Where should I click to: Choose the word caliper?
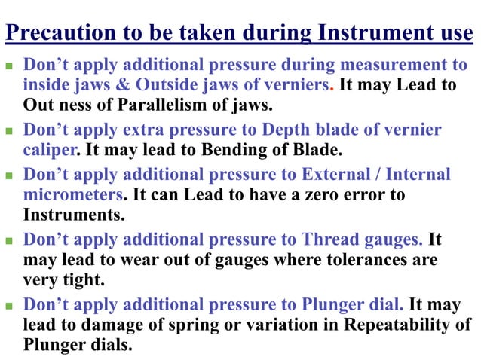click(51, 149)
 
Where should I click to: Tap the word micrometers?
click(72, 194)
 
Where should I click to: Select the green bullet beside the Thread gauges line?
click(10, 241)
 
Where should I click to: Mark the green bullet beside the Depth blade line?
click(10, 131)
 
